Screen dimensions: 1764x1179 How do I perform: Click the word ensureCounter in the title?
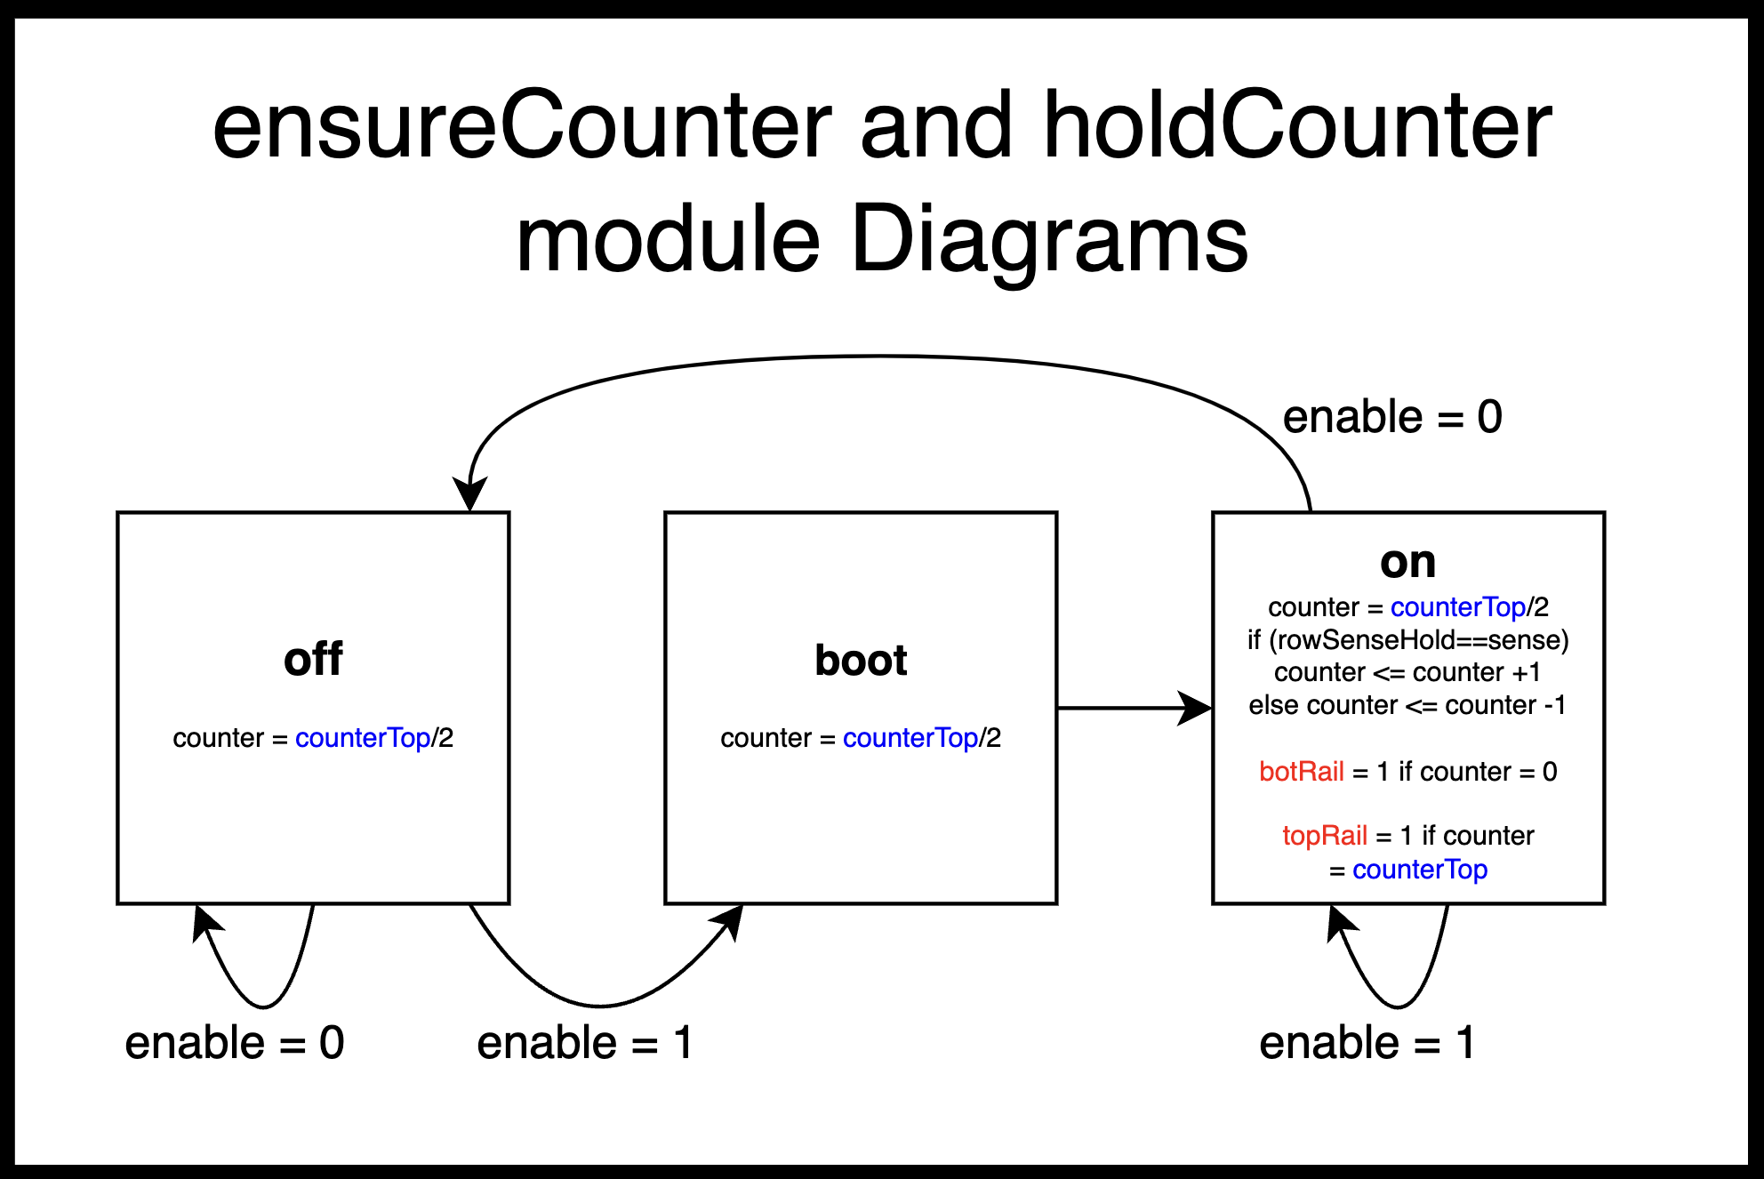pos(522,126)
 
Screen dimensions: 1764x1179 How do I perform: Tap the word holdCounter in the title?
pos(1297,126)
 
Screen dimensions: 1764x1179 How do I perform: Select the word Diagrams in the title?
pos(1050,240)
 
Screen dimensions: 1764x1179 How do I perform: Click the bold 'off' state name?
pos(313,659)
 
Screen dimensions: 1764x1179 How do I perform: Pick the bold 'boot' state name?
pos(861,660)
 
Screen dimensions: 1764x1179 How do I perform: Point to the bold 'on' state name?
pos(1407,562)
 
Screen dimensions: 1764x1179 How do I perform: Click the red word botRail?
pos(1301,771)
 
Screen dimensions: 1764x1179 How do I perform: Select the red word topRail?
pos(1325,836)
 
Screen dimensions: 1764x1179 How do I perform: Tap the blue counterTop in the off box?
pos(363,738)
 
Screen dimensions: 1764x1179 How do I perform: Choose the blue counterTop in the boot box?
pos(910,738)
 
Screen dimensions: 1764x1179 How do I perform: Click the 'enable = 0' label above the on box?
pos(1392,417)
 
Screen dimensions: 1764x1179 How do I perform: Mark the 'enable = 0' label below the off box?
pos(235,1042)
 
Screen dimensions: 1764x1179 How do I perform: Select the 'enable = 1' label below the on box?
pos(1367,1042)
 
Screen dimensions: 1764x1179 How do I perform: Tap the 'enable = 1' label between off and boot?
pos(584,1042)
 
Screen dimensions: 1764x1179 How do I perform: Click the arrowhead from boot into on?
pos(1196,709)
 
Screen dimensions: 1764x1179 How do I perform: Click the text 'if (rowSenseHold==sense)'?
pos(1408,640)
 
